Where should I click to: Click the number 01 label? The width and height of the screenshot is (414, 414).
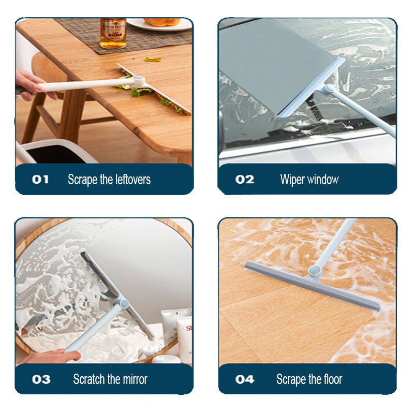[40, 180]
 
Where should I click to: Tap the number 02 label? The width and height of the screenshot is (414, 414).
[244, 180]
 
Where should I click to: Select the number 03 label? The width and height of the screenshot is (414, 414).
[41, 379]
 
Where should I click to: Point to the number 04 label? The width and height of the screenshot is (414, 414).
[244, 379]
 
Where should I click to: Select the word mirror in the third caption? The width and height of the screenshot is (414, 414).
[135, 379]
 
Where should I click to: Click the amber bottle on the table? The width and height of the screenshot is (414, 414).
[113, 33]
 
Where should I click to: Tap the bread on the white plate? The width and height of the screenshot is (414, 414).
[162, 22]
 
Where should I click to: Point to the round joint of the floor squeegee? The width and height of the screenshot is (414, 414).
[315, 270]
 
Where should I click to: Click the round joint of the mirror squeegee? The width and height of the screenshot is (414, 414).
[124, 304]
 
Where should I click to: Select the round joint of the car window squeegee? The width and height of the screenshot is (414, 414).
[330, 89]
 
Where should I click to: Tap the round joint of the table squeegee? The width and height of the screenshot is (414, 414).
[139, 80]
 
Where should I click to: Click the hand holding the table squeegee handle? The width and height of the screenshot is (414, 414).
[31, 84]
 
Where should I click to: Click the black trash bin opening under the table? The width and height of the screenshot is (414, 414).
[53, 154]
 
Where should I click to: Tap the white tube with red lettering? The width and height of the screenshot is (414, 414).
[185, 338]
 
